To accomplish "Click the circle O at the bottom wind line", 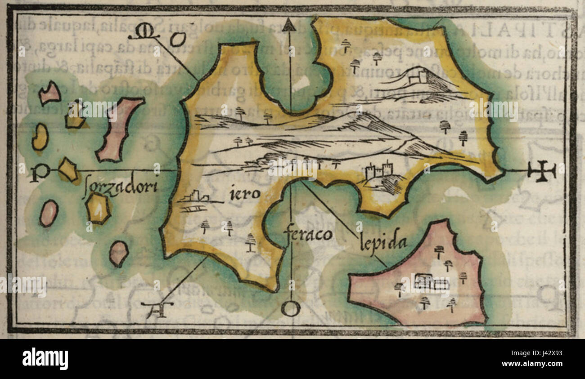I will (x=290, y=309).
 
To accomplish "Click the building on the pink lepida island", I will (x=431, y=282).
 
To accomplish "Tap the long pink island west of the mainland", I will (x=118, y=129).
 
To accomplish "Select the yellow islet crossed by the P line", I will (x=68, y=170).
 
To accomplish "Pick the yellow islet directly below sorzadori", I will (x=98, y=208).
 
